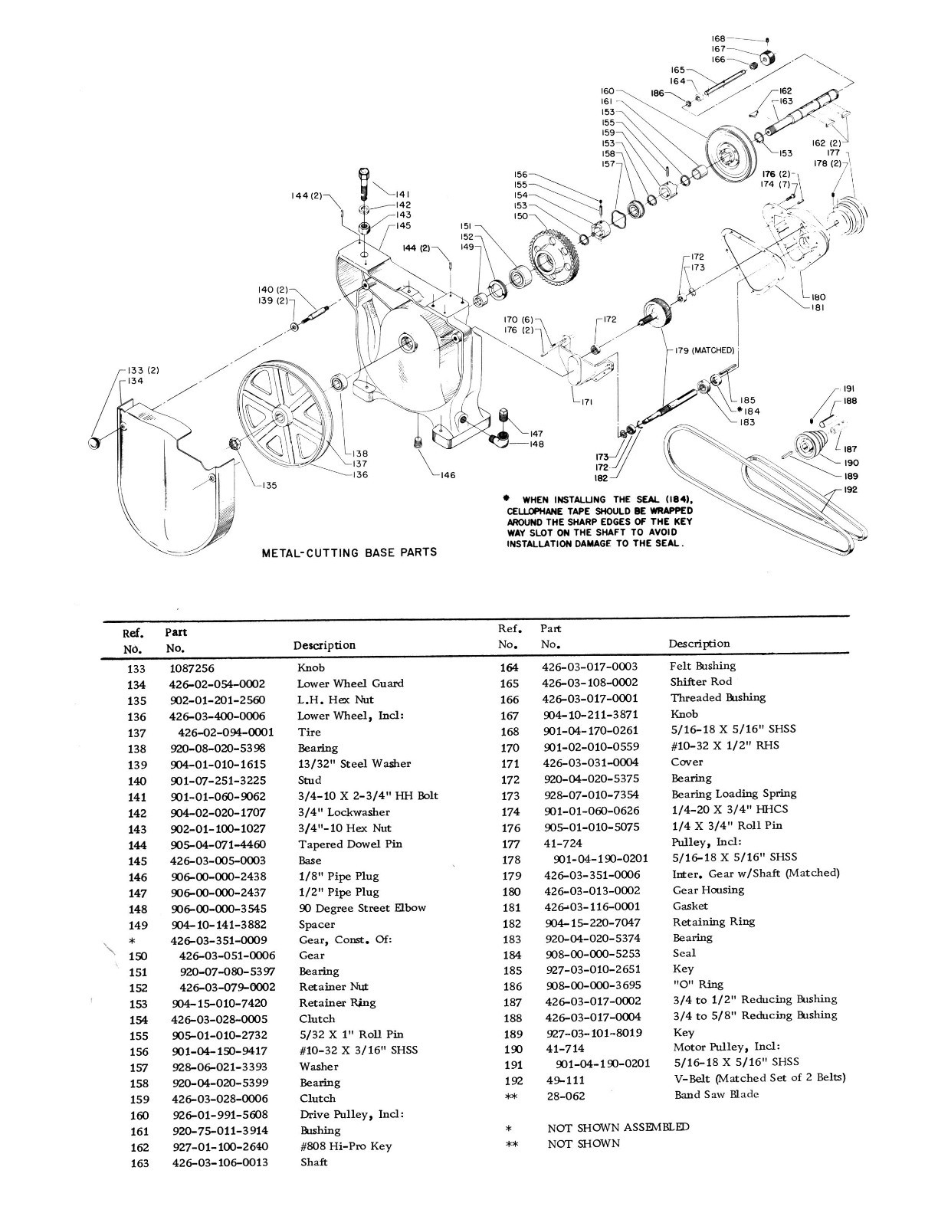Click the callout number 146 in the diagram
[448, 475]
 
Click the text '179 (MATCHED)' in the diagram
[703, 350]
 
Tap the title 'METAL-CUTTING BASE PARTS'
[349, 552]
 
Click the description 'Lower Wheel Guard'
[350, 683]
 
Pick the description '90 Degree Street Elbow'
[362, 908]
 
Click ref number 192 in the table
[513, 1080]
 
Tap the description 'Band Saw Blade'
[717, 1094]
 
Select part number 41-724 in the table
[563, 842]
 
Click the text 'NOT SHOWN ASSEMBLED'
[618, 1127]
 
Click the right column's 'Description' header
[699, 644]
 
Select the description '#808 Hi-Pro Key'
[346, 1146]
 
